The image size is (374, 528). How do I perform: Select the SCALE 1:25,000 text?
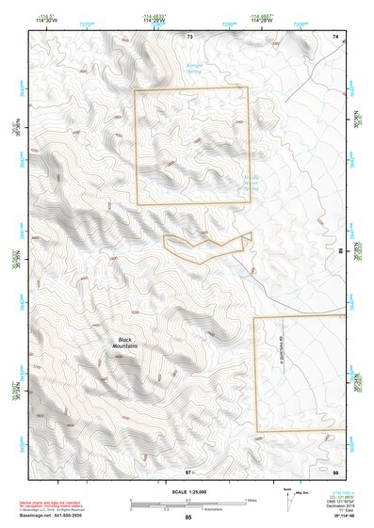(188, 491)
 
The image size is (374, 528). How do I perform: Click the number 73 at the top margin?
(189, 36)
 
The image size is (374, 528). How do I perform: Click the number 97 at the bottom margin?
(188, 471)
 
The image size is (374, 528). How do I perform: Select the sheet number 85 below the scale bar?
(188, 518)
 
